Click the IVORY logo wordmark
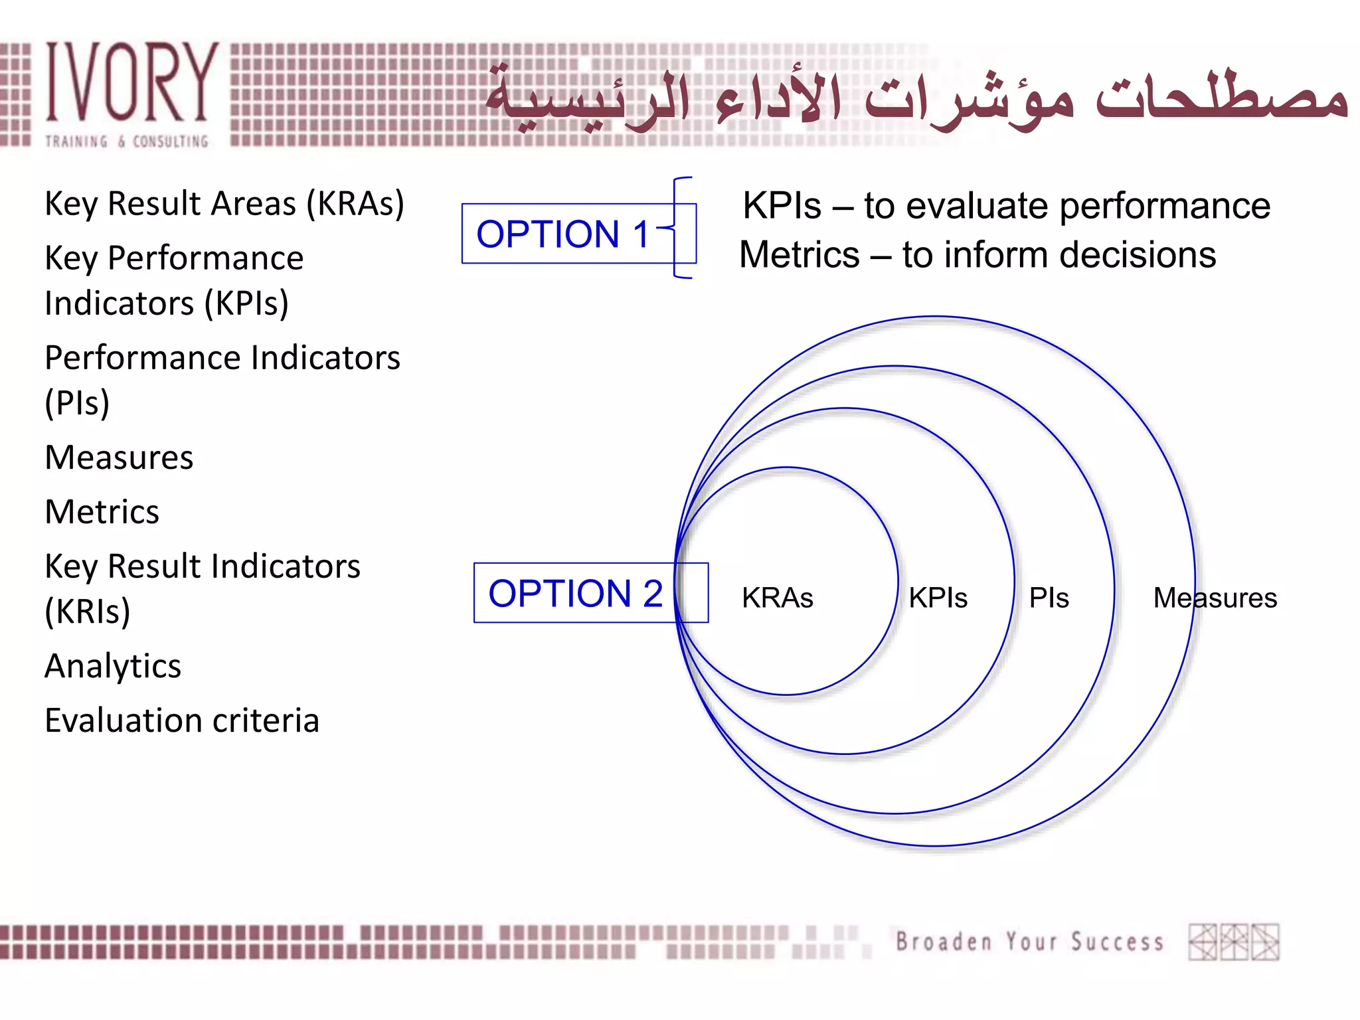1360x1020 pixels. (x=131, y=82)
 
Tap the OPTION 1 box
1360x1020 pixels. (x=562, y=234)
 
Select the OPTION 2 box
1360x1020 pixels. (x=575, y=593)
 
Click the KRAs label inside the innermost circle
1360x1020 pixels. (x=777, y=598)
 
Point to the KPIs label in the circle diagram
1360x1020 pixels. (x=938, y=598)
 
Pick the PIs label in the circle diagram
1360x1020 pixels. (x=1049, y=598)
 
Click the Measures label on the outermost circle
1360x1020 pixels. (x=1215, y=598)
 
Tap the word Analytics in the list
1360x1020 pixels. (x=113, y=666)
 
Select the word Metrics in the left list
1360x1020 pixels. (x=102, y=512)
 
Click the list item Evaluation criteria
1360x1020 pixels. (x=182, y=721)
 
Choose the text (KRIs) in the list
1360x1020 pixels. (x=88, y=612)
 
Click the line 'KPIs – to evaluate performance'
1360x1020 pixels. (x=1005, y=205)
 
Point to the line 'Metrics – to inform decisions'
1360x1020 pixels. (x=977, y=255)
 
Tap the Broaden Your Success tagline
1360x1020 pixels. (x=1029, y=942)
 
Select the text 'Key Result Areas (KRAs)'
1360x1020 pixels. (x=224, y=204)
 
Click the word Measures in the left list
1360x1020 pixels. (x=120, y=458)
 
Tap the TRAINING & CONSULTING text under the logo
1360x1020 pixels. (x=126, y=141)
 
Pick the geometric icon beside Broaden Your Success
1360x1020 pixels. (x=1234, y=942)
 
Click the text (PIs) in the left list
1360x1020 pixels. (x=77, y=403)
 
